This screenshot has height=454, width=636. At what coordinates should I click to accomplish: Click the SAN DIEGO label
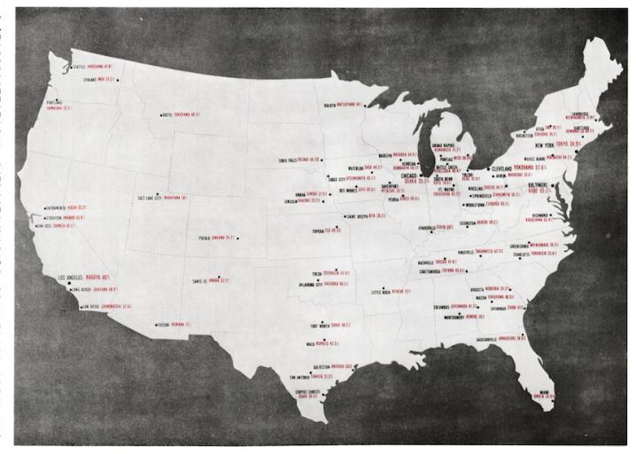click(x=92, y=306)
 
